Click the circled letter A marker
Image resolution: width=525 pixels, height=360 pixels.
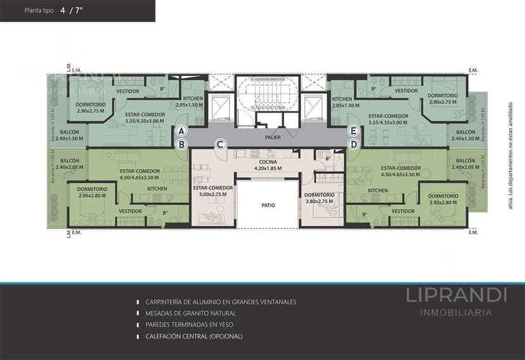tap(181, 131)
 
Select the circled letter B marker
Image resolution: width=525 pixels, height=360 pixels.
tap(181, 145)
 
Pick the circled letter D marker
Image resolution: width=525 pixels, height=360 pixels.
tap(354, 145)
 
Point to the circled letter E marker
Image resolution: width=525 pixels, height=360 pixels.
tap(354, 131)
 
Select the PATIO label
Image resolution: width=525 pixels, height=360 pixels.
tap(268, 205)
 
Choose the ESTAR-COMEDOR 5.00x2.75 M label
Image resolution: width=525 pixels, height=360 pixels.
tap(213, 191)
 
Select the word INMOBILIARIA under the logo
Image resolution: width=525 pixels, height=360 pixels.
tap(457, 312)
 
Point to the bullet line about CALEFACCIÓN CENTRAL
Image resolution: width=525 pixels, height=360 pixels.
tap(194, 337)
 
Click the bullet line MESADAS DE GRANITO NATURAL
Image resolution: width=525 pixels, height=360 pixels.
tap(191, 314)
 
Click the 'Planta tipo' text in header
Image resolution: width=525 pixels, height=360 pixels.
tap(39, 11)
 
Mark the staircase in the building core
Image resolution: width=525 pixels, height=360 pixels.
tap(266, 96)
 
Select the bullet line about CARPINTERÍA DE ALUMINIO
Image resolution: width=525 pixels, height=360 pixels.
tap(221, 302)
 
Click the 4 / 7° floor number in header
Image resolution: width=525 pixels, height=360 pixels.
tap(71, 11)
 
